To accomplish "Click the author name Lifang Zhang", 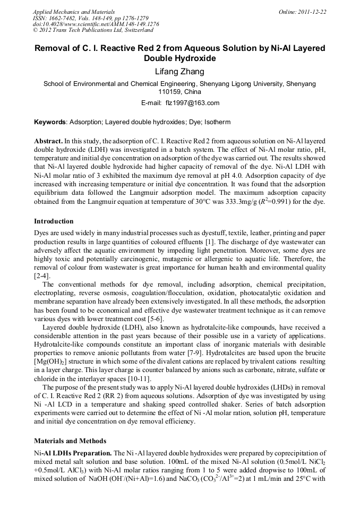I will point(179,72).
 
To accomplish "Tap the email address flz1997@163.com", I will point(193,103).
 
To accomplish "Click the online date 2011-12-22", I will point(313,12).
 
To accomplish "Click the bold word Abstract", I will point(48,142).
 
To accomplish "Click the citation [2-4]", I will point(42,276).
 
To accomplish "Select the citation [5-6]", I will point(153,318).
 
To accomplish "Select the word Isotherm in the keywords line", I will point(217,122).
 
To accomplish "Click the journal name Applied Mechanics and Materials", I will point(74,12).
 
